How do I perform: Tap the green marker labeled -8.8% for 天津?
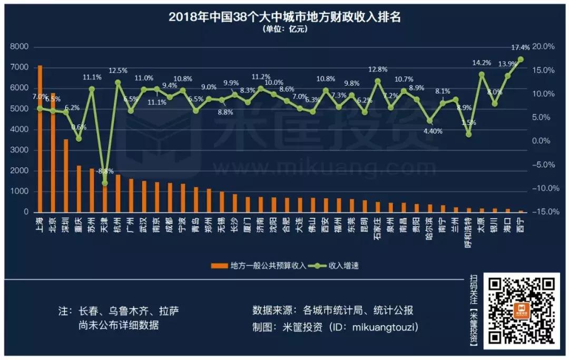tap(105, 183)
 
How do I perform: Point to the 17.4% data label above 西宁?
tap(521, 47)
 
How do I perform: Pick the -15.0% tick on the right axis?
tap(543, 212)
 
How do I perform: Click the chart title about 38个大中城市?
tap(284, 17)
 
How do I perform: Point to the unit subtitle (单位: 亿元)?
tap(284, 29)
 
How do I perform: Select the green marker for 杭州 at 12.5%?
tap(118, 82)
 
